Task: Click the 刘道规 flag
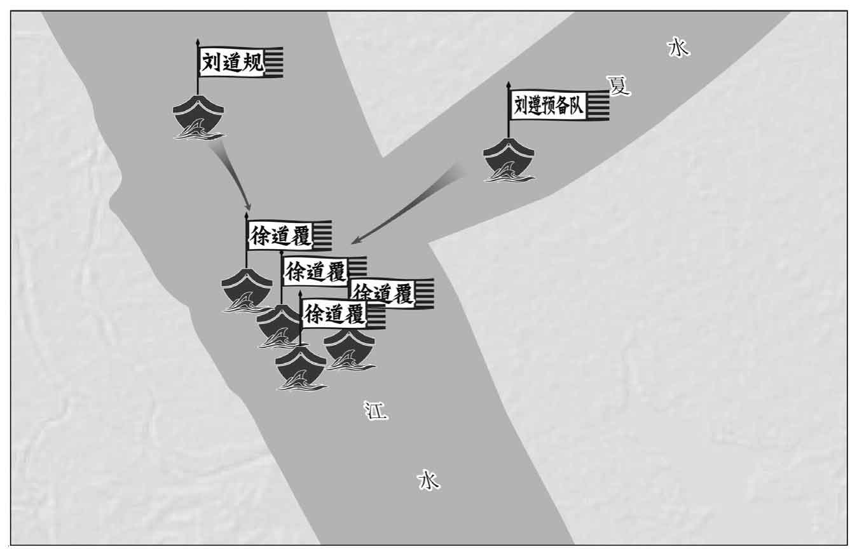[x=240, y=62]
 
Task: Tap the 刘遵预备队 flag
[x=559, y=105]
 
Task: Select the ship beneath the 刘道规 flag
[x=198, y=117]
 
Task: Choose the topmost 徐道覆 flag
[x=289, y=236]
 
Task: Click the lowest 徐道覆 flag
[x=343, y=315]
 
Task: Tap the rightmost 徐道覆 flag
[x=392, y=293]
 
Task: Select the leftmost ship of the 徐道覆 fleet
[x=247, y=290]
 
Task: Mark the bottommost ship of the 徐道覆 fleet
[x=301, y=368]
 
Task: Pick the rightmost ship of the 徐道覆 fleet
[x=350, y=350]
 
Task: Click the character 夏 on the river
[x=619, y=86]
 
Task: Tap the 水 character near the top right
[x=679, y=48]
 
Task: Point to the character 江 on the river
[x=376, y=410]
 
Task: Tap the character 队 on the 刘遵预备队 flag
[x=575, y=105]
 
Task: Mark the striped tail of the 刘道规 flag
[x=274, y=62]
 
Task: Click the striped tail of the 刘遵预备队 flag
[x=598, y=105]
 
